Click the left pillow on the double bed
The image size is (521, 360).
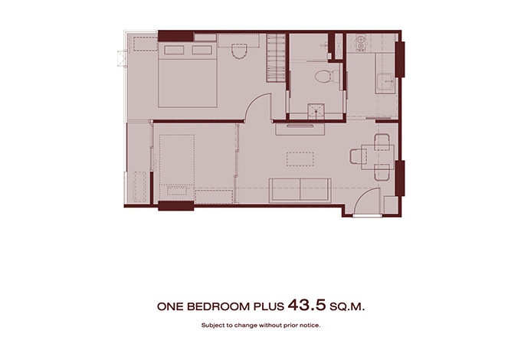(174, 50)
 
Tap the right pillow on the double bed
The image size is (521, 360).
(202, 50)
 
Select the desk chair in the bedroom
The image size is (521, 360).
(239, 51)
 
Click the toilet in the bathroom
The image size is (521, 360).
(326, 77)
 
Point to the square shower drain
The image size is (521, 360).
(316, 112)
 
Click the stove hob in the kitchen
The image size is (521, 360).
(360, 43)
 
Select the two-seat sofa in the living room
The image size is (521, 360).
(300, 190)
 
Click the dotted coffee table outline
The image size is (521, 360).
(300, 159)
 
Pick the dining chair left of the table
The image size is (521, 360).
(359, 156)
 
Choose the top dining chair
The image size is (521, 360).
(382, 142)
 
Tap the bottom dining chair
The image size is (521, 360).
(382, 172)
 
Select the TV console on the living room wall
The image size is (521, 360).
(300, 129)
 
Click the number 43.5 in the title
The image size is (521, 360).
(306, 305)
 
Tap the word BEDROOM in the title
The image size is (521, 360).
(218, 306)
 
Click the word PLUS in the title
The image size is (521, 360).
(269, 306)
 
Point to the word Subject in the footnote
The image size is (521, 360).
(213, 326)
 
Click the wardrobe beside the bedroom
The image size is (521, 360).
(276, 57)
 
